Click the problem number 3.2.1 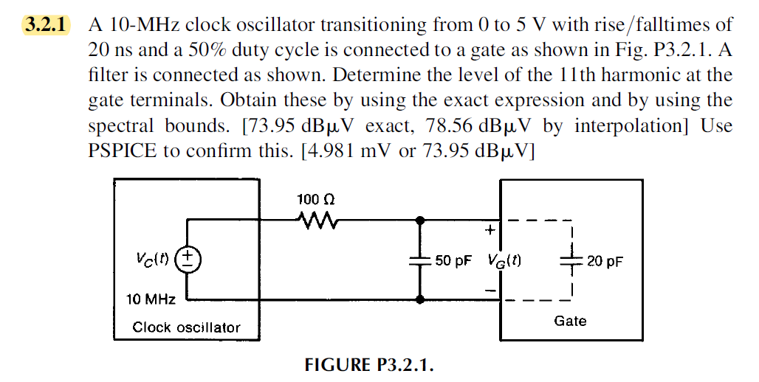click(46, 24)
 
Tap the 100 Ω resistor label click(316, 200)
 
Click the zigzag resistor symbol click(316, 219)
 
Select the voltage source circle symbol click(189, 260)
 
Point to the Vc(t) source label click(151, 260)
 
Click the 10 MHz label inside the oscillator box click(151, 299)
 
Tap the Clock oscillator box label click(186, 327)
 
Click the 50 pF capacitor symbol click(420, 260)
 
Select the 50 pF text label click(453, 261)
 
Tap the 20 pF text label click(604, 261)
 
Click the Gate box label click(570, 321)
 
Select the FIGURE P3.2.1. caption click(368, 365)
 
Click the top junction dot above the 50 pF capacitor click(420, 220)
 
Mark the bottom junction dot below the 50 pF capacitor click(420, 300)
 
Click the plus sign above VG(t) click(489, 231)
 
